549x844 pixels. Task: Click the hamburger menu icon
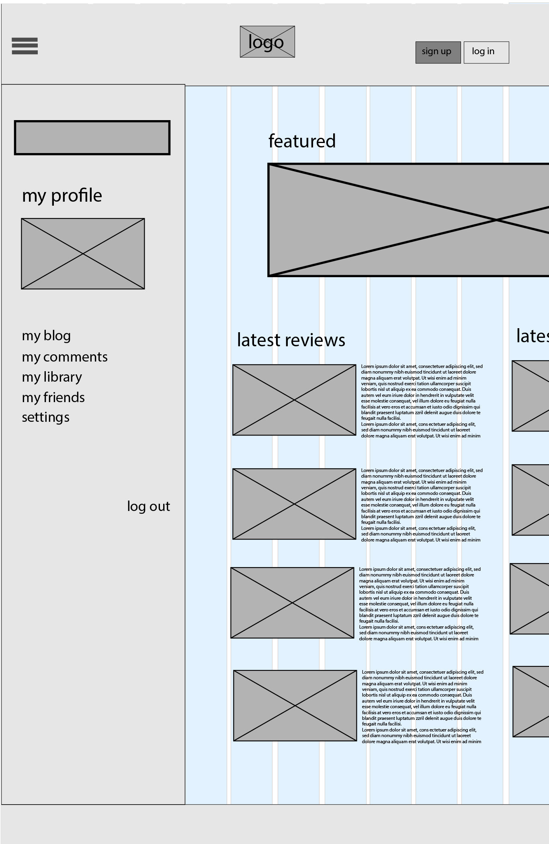25,46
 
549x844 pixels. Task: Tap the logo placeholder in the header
267,42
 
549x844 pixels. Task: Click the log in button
486,52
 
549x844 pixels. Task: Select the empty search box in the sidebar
92,137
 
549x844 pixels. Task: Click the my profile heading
62,196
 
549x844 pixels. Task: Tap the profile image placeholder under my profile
83,253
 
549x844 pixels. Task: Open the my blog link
46,335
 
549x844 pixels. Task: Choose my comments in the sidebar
65,357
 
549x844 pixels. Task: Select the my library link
52,377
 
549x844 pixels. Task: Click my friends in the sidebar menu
53,397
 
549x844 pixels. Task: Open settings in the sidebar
45,417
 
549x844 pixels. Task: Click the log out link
148,506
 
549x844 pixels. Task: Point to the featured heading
302,141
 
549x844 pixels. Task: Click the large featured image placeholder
408,220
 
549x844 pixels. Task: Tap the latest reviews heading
291,340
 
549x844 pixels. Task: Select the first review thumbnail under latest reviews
294,400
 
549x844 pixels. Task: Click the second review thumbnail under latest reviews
294,504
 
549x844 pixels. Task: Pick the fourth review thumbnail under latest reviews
295,705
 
